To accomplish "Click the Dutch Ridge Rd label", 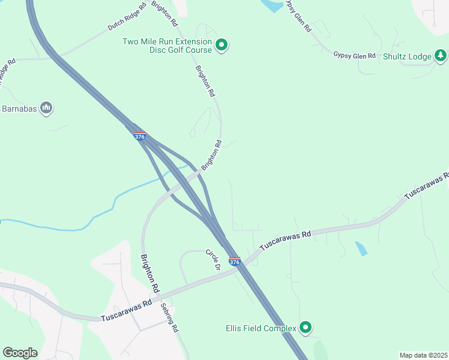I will (x=127, y=18).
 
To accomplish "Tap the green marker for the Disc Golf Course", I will (x=221, y=44).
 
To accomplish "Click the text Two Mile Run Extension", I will (x=167, y=41).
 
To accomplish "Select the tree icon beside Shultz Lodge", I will (x=441, y=56).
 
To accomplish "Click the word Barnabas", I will (x=19, y=109).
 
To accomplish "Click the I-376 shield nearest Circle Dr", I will (x=235, y=262).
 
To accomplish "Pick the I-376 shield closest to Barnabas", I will (x=139, y=137).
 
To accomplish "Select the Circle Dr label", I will (x=213, y=259).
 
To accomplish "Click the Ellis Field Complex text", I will (x=261, y=328).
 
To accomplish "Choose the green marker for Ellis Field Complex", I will (x=306, y=327).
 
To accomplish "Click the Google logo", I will (x=20, y=353).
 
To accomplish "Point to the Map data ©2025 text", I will (x=423, y=355).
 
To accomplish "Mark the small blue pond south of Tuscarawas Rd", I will (x=361, y=248).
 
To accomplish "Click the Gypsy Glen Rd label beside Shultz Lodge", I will (x=354, y=55).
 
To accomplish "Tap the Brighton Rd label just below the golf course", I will (x=205, y=82).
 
